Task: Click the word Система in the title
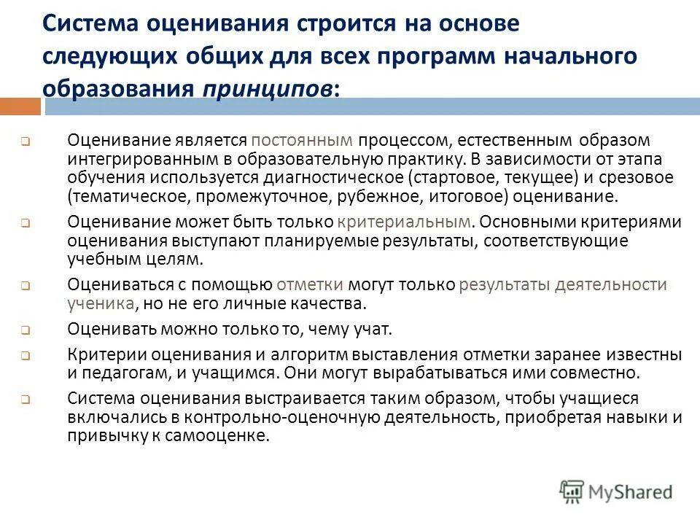pos(90,23)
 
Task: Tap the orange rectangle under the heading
pos(20,106)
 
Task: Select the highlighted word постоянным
pos(301,139)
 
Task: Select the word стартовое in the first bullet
pos(448,177)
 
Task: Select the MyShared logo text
pos(631,491)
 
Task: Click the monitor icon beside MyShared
pos(572,489)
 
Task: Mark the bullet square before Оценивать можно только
pos(25,330)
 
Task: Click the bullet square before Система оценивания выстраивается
pos(25,400)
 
